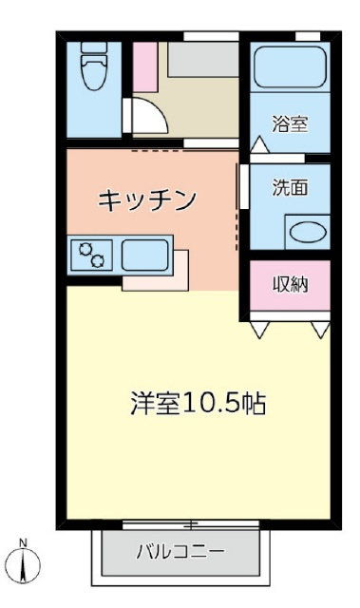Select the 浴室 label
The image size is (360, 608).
[289, 123]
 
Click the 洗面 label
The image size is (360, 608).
[290, 187]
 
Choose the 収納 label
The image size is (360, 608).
[290, 283]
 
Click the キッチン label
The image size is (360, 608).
[147, 199]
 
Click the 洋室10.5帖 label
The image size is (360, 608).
[198, 403]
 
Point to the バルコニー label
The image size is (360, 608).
[180, 550]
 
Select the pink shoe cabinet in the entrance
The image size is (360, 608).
[144, 67]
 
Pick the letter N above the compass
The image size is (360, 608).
[25, 545]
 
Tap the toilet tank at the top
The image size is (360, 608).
[94, 48]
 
